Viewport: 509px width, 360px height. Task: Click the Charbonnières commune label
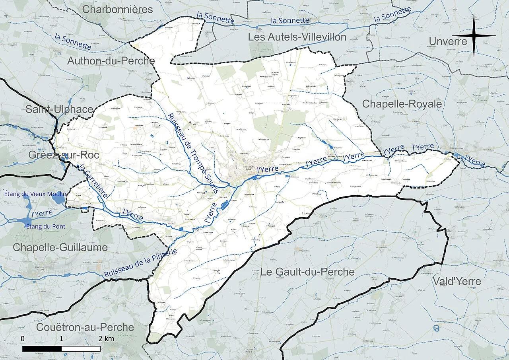[x=118, y=10]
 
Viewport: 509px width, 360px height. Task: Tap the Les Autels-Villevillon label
[x=297, y=37]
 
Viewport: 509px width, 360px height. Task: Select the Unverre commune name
[x=448, y=41]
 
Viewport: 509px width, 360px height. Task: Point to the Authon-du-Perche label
[x=111, y=61]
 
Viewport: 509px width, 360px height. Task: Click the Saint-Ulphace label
[x=59, y=109]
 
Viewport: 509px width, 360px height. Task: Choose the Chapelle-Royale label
[x=402, y=104]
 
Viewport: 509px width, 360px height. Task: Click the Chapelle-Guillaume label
[x=60, y=247]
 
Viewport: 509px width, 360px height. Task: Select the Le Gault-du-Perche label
[x=307, y=272]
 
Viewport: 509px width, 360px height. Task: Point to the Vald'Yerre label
[x=456, y=281]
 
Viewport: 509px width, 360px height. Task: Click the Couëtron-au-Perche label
[x=85, y=327]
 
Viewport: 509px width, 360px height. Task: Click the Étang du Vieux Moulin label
[x=35, y=194]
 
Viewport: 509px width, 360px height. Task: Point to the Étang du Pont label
[x=46, y=226]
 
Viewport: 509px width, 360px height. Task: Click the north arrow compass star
[x=474, y=35]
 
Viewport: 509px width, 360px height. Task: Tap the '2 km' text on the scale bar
[x=106, y=339]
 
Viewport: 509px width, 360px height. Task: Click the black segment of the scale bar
[x=42, y=349]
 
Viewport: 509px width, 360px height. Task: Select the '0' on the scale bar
[x=23, y=339]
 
